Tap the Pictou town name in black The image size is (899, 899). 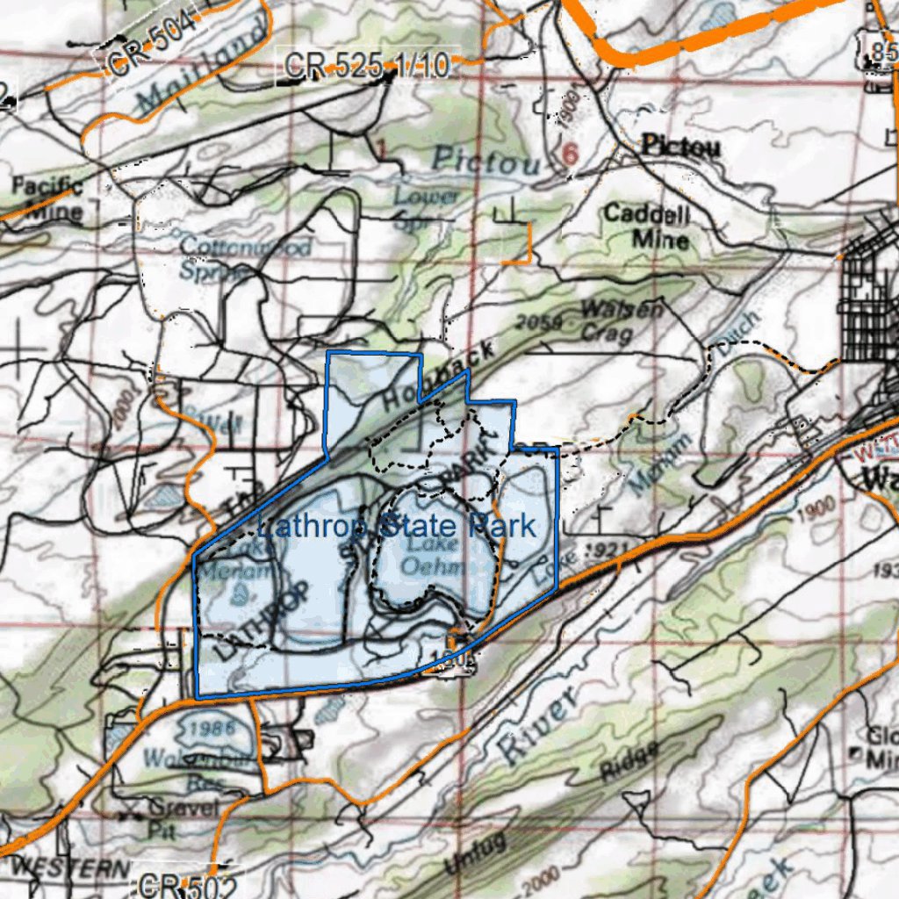[680, 146]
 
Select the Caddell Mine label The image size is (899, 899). [647, 226]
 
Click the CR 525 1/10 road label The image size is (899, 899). [366, 66]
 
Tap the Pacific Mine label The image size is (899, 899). [47, 198]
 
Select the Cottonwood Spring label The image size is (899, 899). [245, 257]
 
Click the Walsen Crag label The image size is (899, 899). [622, 320]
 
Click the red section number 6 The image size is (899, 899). [571, 155]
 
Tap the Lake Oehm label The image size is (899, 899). [433, 556]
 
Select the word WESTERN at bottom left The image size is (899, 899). [70, 868]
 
